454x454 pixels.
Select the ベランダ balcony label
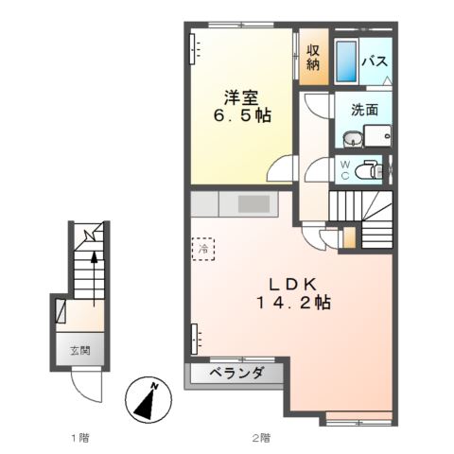tap(236, 374)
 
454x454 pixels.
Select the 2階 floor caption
tap(260, 437)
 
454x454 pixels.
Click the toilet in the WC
tap(375, 170)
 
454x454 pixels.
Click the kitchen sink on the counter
tap(253, 203)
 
